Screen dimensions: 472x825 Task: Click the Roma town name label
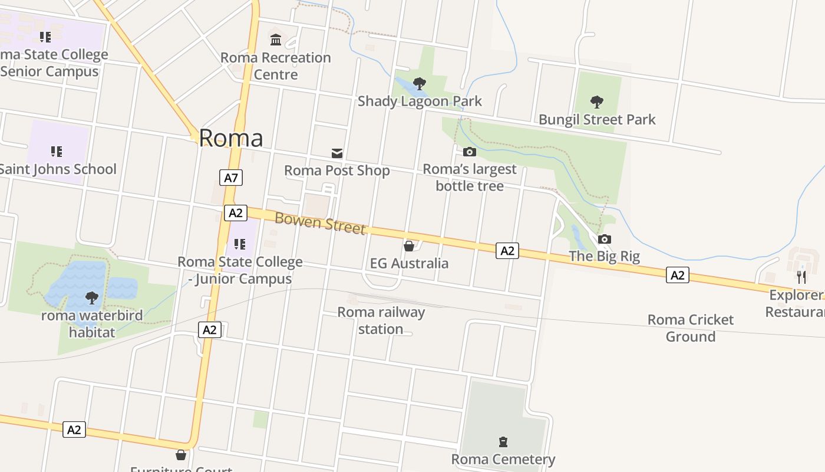[231, 137]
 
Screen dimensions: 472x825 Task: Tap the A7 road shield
[231, 178]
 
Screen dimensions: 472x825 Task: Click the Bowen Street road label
[320, 223]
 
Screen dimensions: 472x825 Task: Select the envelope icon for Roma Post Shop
[337, 153]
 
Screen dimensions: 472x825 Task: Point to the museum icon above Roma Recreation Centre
[276, 40]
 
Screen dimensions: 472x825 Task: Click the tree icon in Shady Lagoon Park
[420, 84]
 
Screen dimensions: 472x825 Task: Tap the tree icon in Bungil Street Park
[597, 102]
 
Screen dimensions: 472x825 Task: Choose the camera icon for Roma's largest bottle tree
[470, 152]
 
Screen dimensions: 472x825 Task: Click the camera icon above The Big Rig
[605, 239]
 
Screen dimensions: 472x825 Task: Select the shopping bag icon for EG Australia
[409, 245]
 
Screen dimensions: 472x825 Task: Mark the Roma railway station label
[381, 320]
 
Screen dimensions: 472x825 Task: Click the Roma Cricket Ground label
[691, 328]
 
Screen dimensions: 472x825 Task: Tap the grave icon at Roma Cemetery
[503, 442]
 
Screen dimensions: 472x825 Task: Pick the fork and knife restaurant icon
[801, 277]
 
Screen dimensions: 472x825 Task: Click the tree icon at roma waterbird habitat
[92, 298]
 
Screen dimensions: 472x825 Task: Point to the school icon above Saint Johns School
[57, 152]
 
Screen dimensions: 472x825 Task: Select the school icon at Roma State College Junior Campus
[240, 244]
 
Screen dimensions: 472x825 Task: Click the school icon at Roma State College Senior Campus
[45, 37]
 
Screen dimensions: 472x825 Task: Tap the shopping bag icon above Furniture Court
[181, 455]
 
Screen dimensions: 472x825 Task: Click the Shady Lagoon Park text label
[420, 101]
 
